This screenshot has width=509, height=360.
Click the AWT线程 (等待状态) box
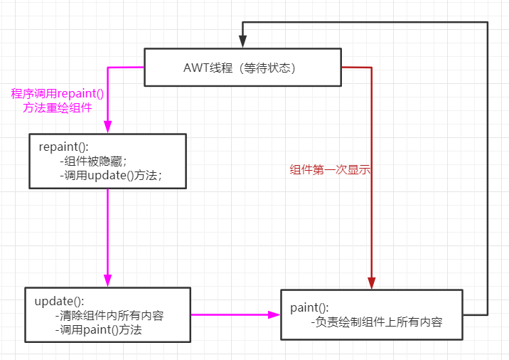tap(242, 68)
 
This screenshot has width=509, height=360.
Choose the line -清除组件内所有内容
tap(113, 315)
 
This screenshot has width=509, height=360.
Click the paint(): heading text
tap(310, 307)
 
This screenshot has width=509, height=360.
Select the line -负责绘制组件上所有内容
tap(377, 322)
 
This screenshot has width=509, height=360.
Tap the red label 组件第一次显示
tap(331, 170)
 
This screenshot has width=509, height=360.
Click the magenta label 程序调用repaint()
tap(63, 93)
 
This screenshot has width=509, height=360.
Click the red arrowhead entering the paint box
tap(372, 282)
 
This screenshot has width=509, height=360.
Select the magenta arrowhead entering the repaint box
tap(107, 127)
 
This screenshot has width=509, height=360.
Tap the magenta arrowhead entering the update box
tap(107, 280)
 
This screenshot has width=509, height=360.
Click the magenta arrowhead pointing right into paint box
tap(274, 314)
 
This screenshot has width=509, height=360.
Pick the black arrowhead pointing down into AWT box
tap(242, 42)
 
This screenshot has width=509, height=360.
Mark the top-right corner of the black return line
tap(488, 23)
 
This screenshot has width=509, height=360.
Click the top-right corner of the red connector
tap(372, 68)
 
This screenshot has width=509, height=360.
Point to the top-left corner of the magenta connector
tap(107, 68)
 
